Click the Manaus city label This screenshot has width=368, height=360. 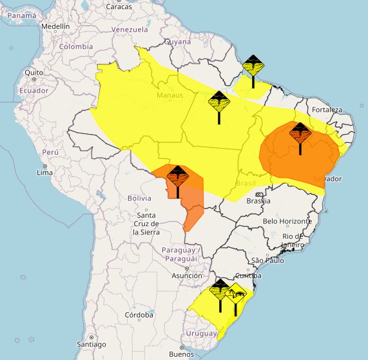coord(170,96)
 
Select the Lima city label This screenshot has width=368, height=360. coord(44,173)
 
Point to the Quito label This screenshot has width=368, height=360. coord(34,73)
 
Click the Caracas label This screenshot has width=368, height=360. coord(119,7)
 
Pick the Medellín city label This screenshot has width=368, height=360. coord(55,26)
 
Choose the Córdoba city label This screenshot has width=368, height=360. coord(139,315)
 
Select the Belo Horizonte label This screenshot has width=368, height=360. coord(287,222)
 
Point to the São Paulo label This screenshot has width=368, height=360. coord(268,260)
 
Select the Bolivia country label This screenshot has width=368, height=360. coord(139,198)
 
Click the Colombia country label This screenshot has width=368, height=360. coord(76,46)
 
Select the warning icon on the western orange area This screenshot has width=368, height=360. coord(177,176)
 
